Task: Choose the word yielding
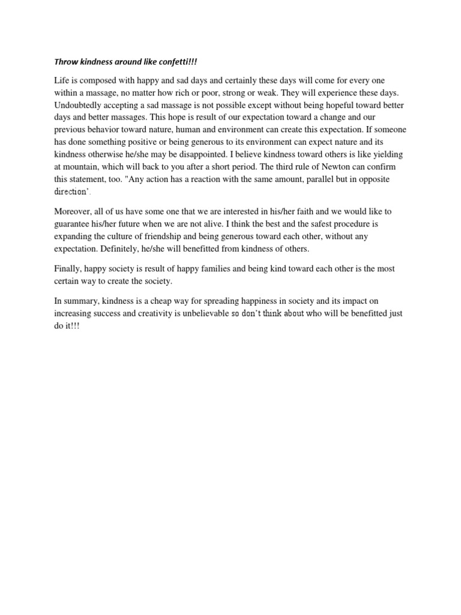click(392, 154)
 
